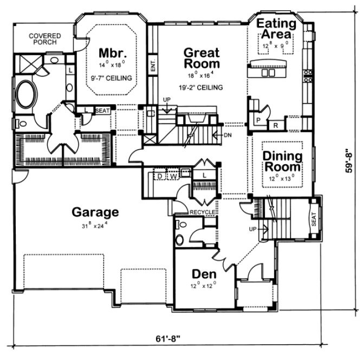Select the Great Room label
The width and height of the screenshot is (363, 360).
point(202,59)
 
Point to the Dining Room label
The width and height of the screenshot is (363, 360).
point(282,162)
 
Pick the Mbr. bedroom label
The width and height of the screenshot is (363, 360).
point(113,53)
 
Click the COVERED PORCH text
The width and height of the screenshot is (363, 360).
point(45,39)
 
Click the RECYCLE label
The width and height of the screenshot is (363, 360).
point(203,211)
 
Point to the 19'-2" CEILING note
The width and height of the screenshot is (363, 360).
point(201,86)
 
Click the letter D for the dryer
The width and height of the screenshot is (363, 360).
point(160,176)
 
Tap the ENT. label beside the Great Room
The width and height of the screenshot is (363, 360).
point(153,65)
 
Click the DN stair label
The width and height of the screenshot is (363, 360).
point(227,136)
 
